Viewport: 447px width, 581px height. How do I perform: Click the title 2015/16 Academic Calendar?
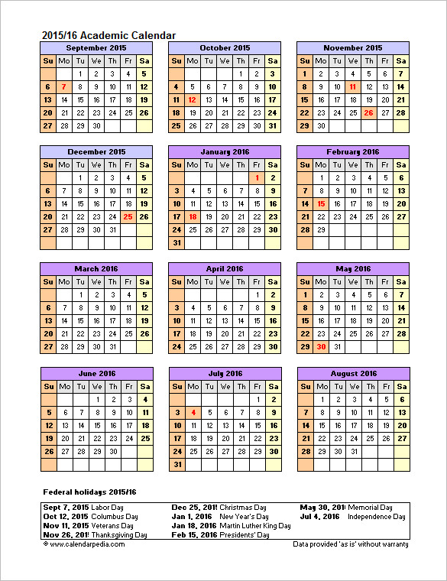coord(108,35)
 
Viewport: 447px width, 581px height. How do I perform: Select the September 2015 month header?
coord(96,47)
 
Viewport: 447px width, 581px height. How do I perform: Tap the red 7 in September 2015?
coord(64,87)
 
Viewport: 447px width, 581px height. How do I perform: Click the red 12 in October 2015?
coord(193,100)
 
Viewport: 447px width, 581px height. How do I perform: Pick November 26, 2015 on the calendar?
coord(368,113)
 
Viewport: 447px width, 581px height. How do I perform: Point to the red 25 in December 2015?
coord(128,216)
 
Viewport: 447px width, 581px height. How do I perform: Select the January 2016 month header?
coord(225,152)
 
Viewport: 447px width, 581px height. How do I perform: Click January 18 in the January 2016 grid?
coord(193,216)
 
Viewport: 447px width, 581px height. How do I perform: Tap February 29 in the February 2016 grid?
coord(321,229)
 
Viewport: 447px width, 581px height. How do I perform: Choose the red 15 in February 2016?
coord(321,204)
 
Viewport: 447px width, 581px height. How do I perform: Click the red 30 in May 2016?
coord(321,346)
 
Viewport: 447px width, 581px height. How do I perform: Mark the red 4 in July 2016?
coord(193,412)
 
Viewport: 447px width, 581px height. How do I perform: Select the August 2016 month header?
coord(353,373)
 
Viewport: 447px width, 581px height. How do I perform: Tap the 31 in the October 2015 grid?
coord(273,126)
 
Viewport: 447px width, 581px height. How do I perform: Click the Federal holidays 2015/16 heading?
coord(89,491)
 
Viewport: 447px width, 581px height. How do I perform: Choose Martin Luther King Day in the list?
coord(254,526)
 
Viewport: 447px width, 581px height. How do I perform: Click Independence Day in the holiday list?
coord(376,517)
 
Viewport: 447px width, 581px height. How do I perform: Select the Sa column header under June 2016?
coord(144,386)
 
